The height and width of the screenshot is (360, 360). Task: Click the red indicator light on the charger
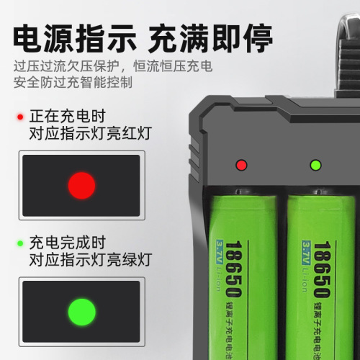(241, 165)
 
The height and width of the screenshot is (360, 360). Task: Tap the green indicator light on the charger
(315, 165)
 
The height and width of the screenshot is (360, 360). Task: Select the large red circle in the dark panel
(81, 186)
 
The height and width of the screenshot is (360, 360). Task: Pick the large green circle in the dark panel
(82, 312)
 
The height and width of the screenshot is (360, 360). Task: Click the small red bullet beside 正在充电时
(20, 117)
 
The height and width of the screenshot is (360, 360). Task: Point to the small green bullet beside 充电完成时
(20, 243)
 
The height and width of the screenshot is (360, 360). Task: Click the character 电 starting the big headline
(28, 38)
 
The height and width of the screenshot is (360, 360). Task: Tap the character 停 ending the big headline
(258, 38)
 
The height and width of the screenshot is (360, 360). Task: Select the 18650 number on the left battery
(233, 269)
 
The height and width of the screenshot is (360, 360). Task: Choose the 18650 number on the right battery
(322, 269)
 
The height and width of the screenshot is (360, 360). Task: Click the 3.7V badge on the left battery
(220, 253)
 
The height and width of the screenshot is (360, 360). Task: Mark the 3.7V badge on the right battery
(306, 253)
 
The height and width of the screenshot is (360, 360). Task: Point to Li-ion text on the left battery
(218, 279)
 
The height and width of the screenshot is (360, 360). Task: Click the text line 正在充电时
(68, 117)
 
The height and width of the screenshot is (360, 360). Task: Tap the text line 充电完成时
(68, 243)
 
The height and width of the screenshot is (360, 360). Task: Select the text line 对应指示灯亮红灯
(91, 133)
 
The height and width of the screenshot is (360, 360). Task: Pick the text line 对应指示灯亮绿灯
(91, 260)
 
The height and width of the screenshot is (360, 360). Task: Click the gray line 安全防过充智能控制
(73, 82)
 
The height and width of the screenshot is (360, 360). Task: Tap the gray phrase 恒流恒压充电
(173, 66)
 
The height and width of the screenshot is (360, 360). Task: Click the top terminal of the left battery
(239, 192)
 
